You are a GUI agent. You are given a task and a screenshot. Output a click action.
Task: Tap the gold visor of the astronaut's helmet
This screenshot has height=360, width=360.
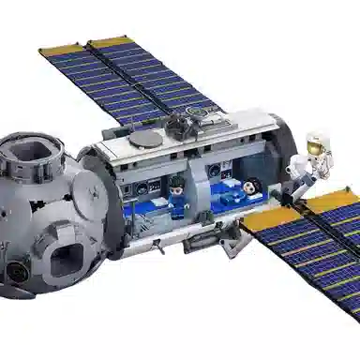(316, 148)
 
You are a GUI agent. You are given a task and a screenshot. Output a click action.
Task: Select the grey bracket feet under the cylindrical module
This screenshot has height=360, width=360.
(202, 241)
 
